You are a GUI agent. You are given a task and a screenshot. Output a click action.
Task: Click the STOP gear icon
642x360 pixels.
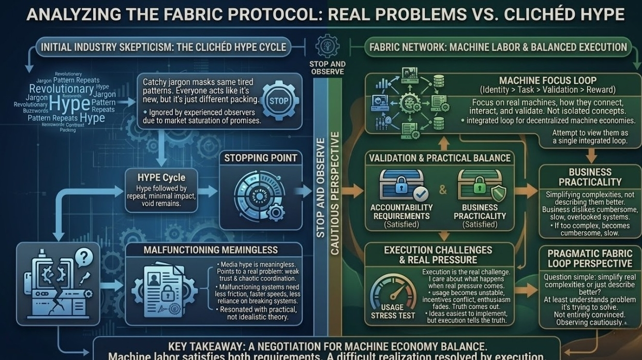pos(279,100)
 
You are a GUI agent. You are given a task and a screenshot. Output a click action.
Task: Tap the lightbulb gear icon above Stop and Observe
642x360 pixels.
pos(327,47)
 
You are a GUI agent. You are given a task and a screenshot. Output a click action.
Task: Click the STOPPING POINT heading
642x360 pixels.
pos(260,158)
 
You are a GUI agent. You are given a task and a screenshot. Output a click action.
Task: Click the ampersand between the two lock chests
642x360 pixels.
pos(443,190)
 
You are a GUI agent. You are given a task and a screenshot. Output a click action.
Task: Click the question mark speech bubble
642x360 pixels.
pos(83,256)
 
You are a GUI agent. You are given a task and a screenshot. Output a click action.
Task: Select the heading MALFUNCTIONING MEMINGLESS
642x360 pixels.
pos(211,250)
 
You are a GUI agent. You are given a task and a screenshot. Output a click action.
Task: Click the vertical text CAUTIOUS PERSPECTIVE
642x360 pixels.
pos(335,193)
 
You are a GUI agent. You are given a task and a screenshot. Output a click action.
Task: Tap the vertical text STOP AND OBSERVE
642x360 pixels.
pos(321,188)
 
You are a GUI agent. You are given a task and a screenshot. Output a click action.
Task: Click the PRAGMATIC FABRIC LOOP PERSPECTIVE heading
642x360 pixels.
pos(590,258)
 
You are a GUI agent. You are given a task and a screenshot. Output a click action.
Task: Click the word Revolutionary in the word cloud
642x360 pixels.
pos(61,88)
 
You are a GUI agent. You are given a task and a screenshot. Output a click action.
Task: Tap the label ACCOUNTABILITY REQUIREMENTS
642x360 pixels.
pos(401,212)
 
